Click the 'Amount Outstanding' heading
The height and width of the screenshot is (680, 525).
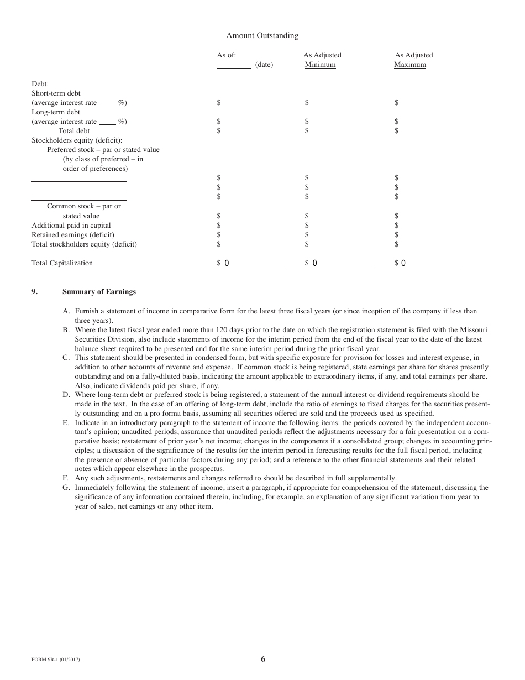(x=262, y=36)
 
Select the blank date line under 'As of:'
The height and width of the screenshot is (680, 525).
(x=233, y=66)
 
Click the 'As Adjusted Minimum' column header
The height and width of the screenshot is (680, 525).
(x=322, y=60)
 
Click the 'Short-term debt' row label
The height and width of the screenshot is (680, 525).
(x=56, y=93)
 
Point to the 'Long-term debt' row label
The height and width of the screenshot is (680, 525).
(x=56, y=112)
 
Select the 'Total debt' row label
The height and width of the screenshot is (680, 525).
(x=74, y=131)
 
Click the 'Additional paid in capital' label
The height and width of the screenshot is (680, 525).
(x=71, y=226)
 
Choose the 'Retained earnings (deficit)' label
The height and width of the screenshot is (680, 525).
(x=73, y=235)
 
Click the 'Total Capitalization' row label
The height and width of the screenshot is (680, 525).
(x=62, y=263)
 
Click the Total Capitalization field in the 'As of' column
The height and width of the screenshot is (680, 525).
(x=254, y=263)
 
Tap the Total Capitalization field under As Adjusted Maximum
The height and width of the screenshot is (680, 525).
(x=430, y=263)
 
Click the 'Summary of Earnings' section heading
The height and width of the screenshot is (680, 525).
(x=99, y=292)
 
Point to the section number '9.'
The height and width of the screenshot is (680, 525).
(x=35, y=292)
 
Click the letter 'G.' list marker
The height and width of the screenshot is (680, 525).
(x=66, y=488)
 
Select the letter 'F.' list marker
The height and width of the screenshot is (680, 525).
(x=65, y=478)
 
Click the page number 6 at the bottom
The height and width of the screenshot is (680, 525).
(x=263, y=659)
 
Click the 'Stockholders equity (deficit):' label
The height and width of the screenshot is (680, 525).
(x=77, y=140)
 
